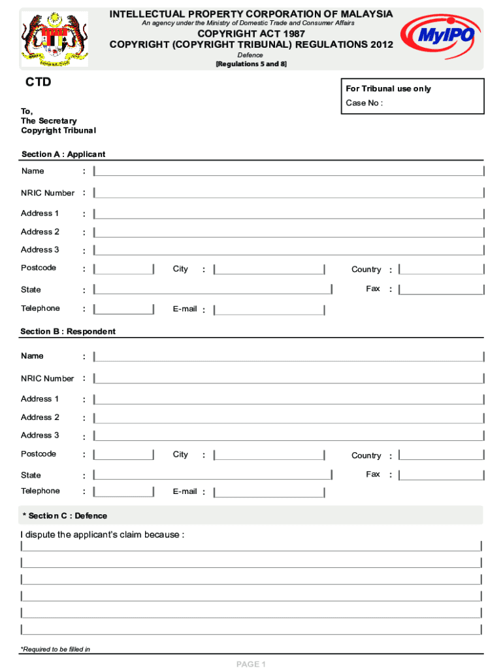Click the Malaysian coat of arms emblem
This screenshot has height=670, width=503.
(54, 39)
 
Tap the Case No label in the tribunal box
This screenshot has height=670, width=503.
(364, 103)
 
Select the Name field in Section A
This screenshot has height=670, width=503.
(289, 171)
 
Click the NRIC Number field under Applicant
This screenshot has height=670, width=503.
(289, 193)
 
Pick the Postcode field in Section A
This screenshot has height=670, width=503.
(123, 269)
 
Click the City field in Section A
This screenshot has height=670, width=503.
(269, 269)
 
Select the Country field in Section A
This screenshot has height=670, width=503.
(442, 270)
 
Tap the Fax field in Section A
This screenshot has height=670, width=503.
(442, 289)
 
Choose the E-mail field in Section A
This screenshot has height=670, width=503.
(269, 309)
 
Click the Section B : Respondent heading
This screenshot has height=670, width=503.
(68, 332)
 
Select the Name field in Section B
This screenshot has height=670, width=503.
(289, 357)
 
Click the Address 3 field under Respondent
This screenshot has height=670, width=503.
(289, 436)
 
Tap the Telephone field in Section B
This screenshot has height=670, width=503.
(123, 491)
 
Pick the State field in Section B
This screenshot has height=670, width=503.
(213, 475)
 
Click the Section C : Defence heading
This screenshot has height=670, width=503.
(64, 516)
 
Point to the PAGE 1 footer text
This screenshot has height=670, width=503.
(251, 664)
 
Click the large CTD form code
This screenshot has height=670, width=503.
(38, 83)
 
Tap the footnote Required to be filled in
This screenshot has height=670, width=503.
(56, 649)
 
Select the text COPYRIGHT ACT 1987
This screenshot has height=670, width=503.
(251, 33)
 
